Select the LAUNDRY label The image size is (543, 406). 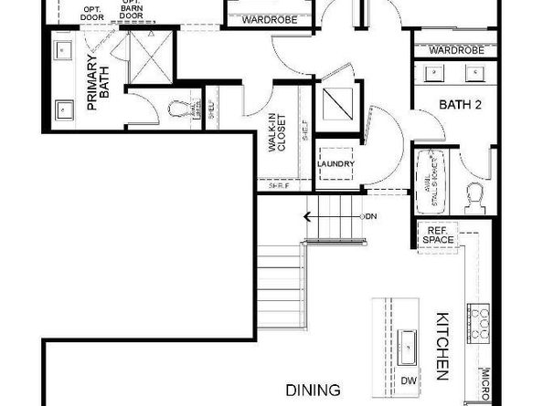click(335, 164)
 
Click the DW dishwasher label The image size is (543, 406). click(409, 380)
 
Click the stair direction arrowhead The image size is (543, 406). click(309, 216)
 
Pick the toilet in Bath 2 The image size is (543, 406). click(475, 194)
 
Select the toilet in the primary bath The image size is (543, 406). click(179, 109)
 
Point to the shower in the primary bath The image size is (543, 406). click(146, 56)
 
